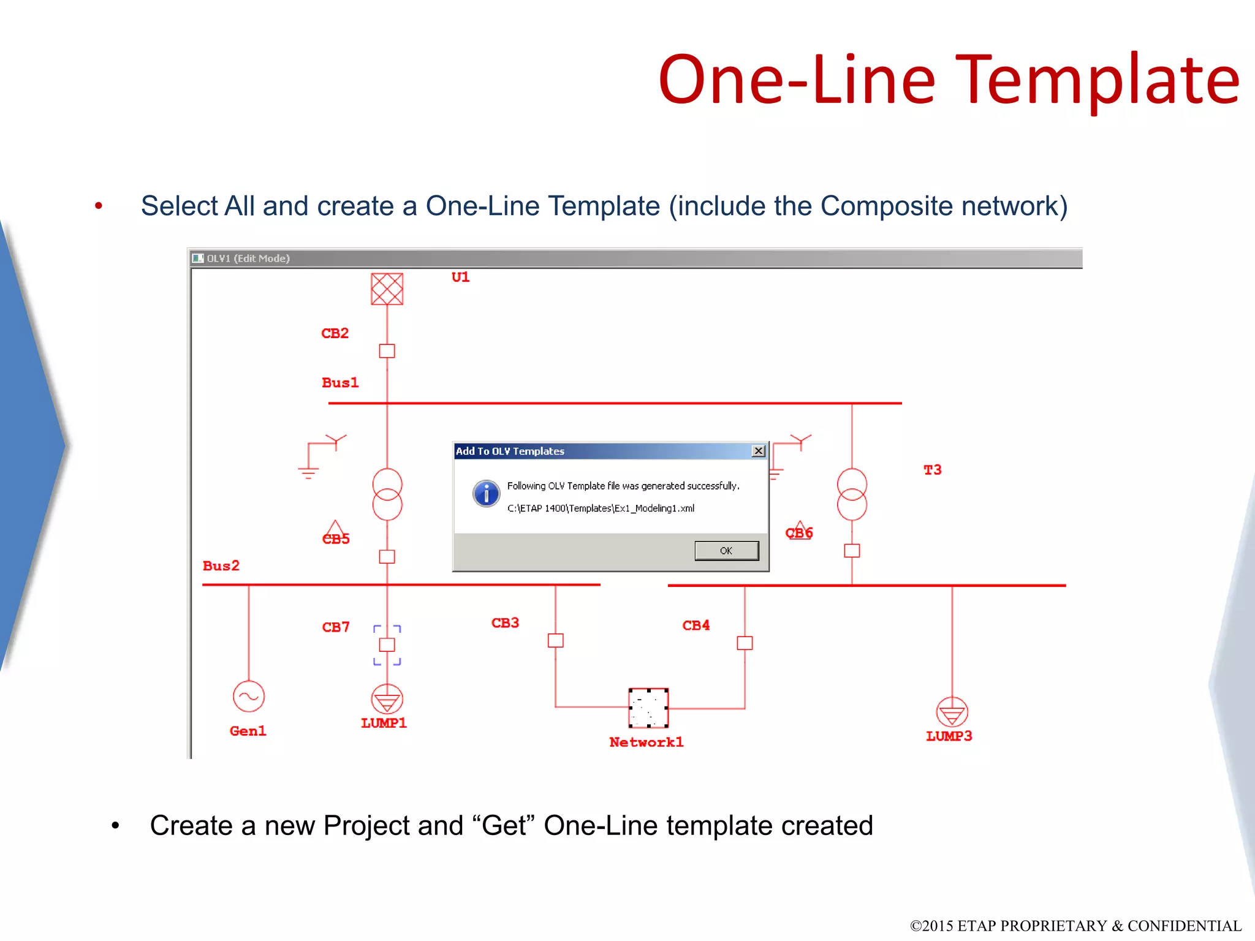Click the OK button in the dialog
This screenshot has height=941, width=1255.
click(726, 551)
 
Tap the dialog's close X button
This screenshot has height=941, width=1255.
click(759, 451)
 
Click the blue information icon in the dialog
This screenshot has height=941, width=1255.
click(486, 493)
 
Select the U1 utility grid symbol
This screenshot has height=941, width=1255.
click(387, 289)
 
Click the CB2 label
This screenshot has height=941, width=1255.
click(335, 333)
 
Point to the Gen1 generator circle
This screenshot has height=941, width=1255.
click(249, 697)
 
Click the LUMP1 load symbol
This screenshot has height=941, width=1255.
click(387, 699)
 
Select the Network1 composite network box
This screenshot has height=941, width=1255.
click(648, 708)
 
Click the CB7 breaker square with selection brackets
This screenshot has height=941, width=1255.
click(387, 644)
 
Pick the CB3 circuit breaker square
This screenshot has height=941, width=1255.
click(556, 641)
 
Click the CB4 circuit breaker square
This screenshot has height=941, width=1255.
click(745, 643)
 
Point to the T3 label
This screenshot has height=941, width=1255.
click(933, 470)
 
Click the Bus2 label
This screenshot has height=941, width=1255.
click(221, 565)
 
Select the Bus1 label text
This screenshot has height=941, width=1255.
click(340, 383)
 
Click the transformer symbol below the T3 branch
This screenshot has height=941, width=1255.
click(852, 494)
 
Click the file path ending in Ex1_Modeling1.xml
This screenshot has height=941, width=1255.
click(601, 508)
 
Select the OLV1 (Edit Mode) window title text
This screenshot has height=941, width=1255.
click(248, 259)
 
